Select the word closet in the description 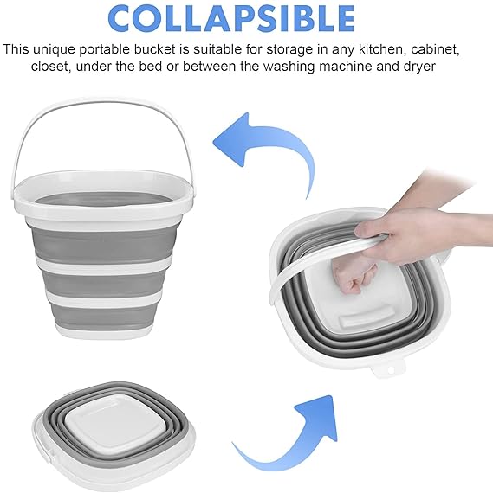49,67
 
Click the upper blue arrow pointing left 264,150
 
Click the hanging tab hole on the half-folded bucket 391,370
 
